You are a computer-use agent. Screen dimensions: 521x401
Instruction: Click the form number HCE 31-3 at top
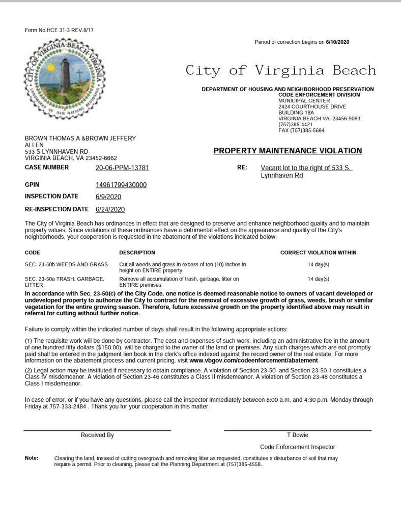[x=59, y=31]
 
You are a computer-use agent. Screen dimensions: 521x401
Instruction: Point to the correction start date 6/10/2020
[x=338, y=42]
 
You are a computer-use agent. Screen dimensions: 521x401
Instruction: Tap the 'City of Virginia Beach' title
[x=280, y=70]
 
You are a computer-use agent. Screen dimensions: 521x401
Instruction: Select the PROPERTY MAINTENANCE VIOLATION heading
[x=288, y=151]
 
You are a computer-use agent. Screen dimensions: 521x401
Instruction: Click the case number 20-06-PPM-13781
[x=122, y=168]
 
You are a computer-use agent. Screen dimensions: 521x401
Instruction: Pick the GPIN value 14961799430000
[x=121, y=185]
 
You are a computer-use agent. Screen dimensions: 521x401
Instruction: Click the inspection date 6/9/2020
[x=108, y=197]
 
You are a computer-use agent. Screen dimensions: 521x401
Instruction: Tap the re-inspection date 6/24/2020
[x=110, y=209]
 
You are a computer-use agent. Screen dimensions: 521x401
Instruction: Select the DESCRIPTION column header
[x=137, y=253]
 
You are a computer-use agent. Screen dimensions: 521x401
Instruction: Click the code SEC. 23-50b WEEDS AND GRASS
[x=66, y=265]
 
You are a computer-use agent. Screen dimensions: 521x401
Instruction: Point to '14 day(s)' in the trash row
[x=319, y=279]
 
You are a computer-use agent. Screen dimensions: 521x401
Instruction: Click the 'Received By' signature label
[x=97, y=435]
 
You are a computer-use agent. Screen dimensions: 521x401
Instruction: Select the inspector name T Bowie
[x=298, y=435]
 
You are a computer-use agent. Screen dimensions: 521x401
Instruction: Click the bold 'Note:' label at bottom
[x=32, y=458]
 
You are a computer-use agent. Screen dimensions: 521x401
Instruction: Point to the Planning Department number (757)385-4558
[x=243, y=464]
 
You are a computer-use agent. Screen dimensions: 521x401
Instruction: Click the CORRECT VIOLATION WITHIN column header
[x=318, y=253]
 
